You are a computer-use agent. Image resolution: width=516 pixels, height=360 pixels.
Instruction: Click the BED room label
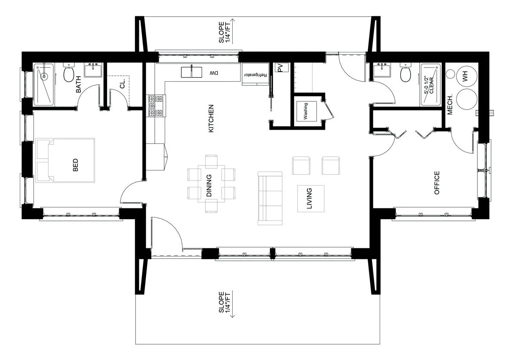(x=75, y=165)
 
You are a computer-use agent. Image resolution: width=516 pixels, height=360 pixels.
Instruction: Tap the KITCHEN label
(x=211, y=119)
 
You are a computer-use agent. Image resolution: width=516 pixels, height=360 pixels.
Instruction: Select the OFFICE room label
(x=437, y=183)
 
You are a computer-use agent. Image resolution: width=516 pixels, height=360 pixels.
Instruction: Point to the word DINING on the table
(x=209, y=186)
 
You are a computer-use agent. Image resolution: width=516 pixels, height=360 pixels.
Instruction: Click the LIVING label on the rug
(x=309, y=198)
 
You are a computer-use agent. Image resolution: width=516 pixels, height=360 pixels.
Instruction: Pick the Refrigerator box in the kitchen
(x=255, y=74)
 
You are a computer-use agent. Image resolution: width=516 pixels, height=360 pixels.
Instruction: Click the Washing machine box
(x=306, y=111)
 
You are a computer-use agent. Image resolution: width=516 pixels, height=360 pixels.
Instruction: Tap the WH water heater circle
(x=467, y=76)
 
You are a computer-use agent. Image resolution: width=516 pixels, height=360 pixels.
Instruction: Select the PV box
(x=282, y=68)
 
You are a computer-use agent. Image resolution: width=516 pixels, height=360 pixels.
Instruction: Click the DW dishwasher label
(x=214, y=73)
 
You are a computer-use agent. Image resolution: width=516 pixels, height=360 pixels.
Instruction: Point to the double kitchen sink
(x=191, y=72)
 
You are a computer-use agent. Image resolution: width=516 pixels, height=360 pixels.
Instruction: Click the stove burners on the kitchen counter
(x=156, y=106)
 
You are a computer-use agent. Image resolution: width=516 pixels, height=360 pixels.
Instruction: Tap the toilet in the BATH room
(x=69, y=73)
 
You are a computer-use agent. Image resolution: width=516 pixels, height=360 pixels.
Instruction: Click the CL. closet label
(x=122, y=83)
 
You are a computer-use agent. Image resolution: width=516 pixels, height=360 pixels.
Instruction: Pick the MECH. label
(x=450, y=104)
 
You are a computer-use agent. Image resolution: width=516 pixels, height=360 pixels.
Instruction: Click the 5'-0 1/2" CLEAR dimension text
(x=429, y=85)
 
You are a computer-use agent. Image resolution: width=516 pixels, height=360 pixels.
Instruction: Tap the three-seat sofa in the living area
(x=270, y=198)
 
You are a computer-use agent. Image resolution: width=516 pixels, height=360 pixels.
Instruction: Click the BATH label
(x=78, y=85)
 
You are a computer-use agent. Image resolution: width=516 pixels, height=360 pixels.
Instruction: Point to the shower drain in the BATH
(x=44, y=76)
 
